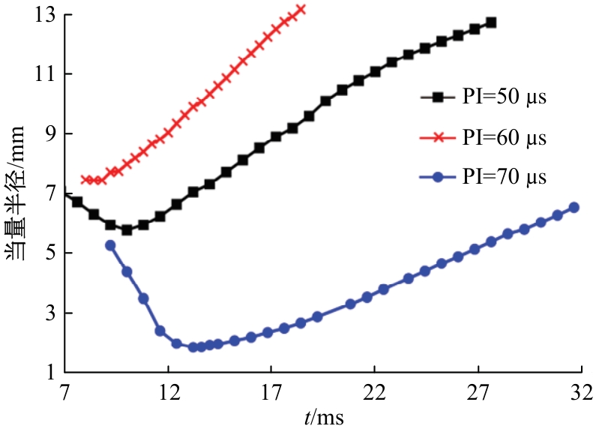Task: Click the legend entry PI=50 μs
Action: [502, 98]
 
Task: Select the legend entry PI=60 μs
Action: [502, 139]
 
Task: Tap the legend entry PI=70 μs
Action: [502, 178]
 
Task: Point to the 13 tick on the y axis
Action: [48, 15]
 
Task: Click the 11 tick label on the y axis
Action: [48, 74]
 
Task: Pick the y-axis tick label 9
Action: [52, 134]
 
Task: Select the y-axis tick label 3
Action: [52, 313]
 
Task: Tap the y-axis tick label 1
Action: [52, 373]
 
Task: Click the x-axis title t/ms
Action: [324, 415]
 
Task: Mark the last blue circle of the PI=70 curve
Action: [574, 208]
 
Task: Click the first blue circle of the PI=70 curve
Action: [110, 245]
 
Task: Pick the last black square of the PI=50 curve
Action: [491, 22]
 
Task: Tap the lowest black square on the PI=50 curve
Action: [127, 230]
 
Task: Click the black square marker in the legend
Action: [439, 98]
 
